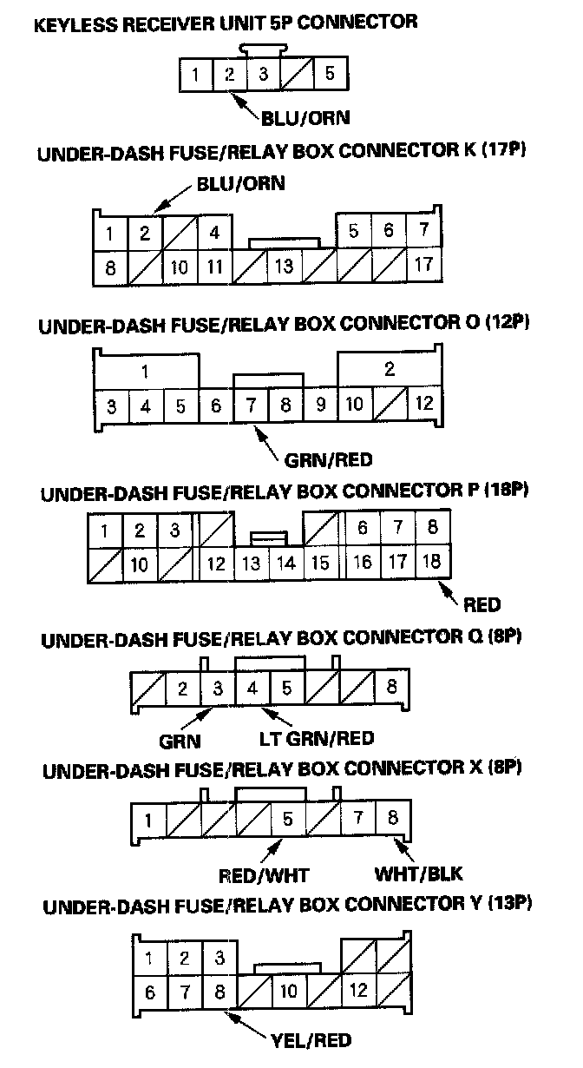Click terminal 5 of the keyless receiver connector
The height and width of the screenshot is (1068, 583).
pyautogui.click(x=330, y=74)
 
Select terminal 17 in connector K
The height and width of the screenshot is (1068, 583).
pyautogui.click(x=423, y=264)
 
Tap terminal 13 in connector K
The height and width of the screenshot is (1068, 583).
pyautogui.click(x=284, y=266)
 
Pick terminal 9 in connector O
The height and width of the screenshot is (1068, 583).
pyautogui.click(x=320, y=404)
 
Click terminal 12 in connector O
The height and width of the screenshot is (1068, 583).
pyautogui.click(x=424, y=404)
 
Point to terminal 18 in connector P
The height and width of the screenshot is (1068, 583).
pyautogui.click(x=431, y=563)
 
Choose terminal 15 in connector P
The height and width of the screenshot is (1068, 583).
pyautogui.click(x=320, y=563)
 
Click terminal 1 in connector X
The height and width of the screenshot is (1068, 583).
pyautogui.click(x=148, y=819)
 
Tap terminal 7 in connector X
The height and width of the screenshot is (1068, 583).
pyautogui.click(x=357, y=818)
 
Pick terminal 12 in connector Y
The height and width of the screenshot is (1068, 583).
pyautogui.click(x=358, y=989)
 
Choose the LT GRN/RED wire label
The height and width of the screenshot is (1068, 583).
pyautogui.click(x=318, y=739)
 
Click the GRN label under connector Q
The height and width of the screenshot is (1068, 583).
pyautogui.click(x=180, y=741)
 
